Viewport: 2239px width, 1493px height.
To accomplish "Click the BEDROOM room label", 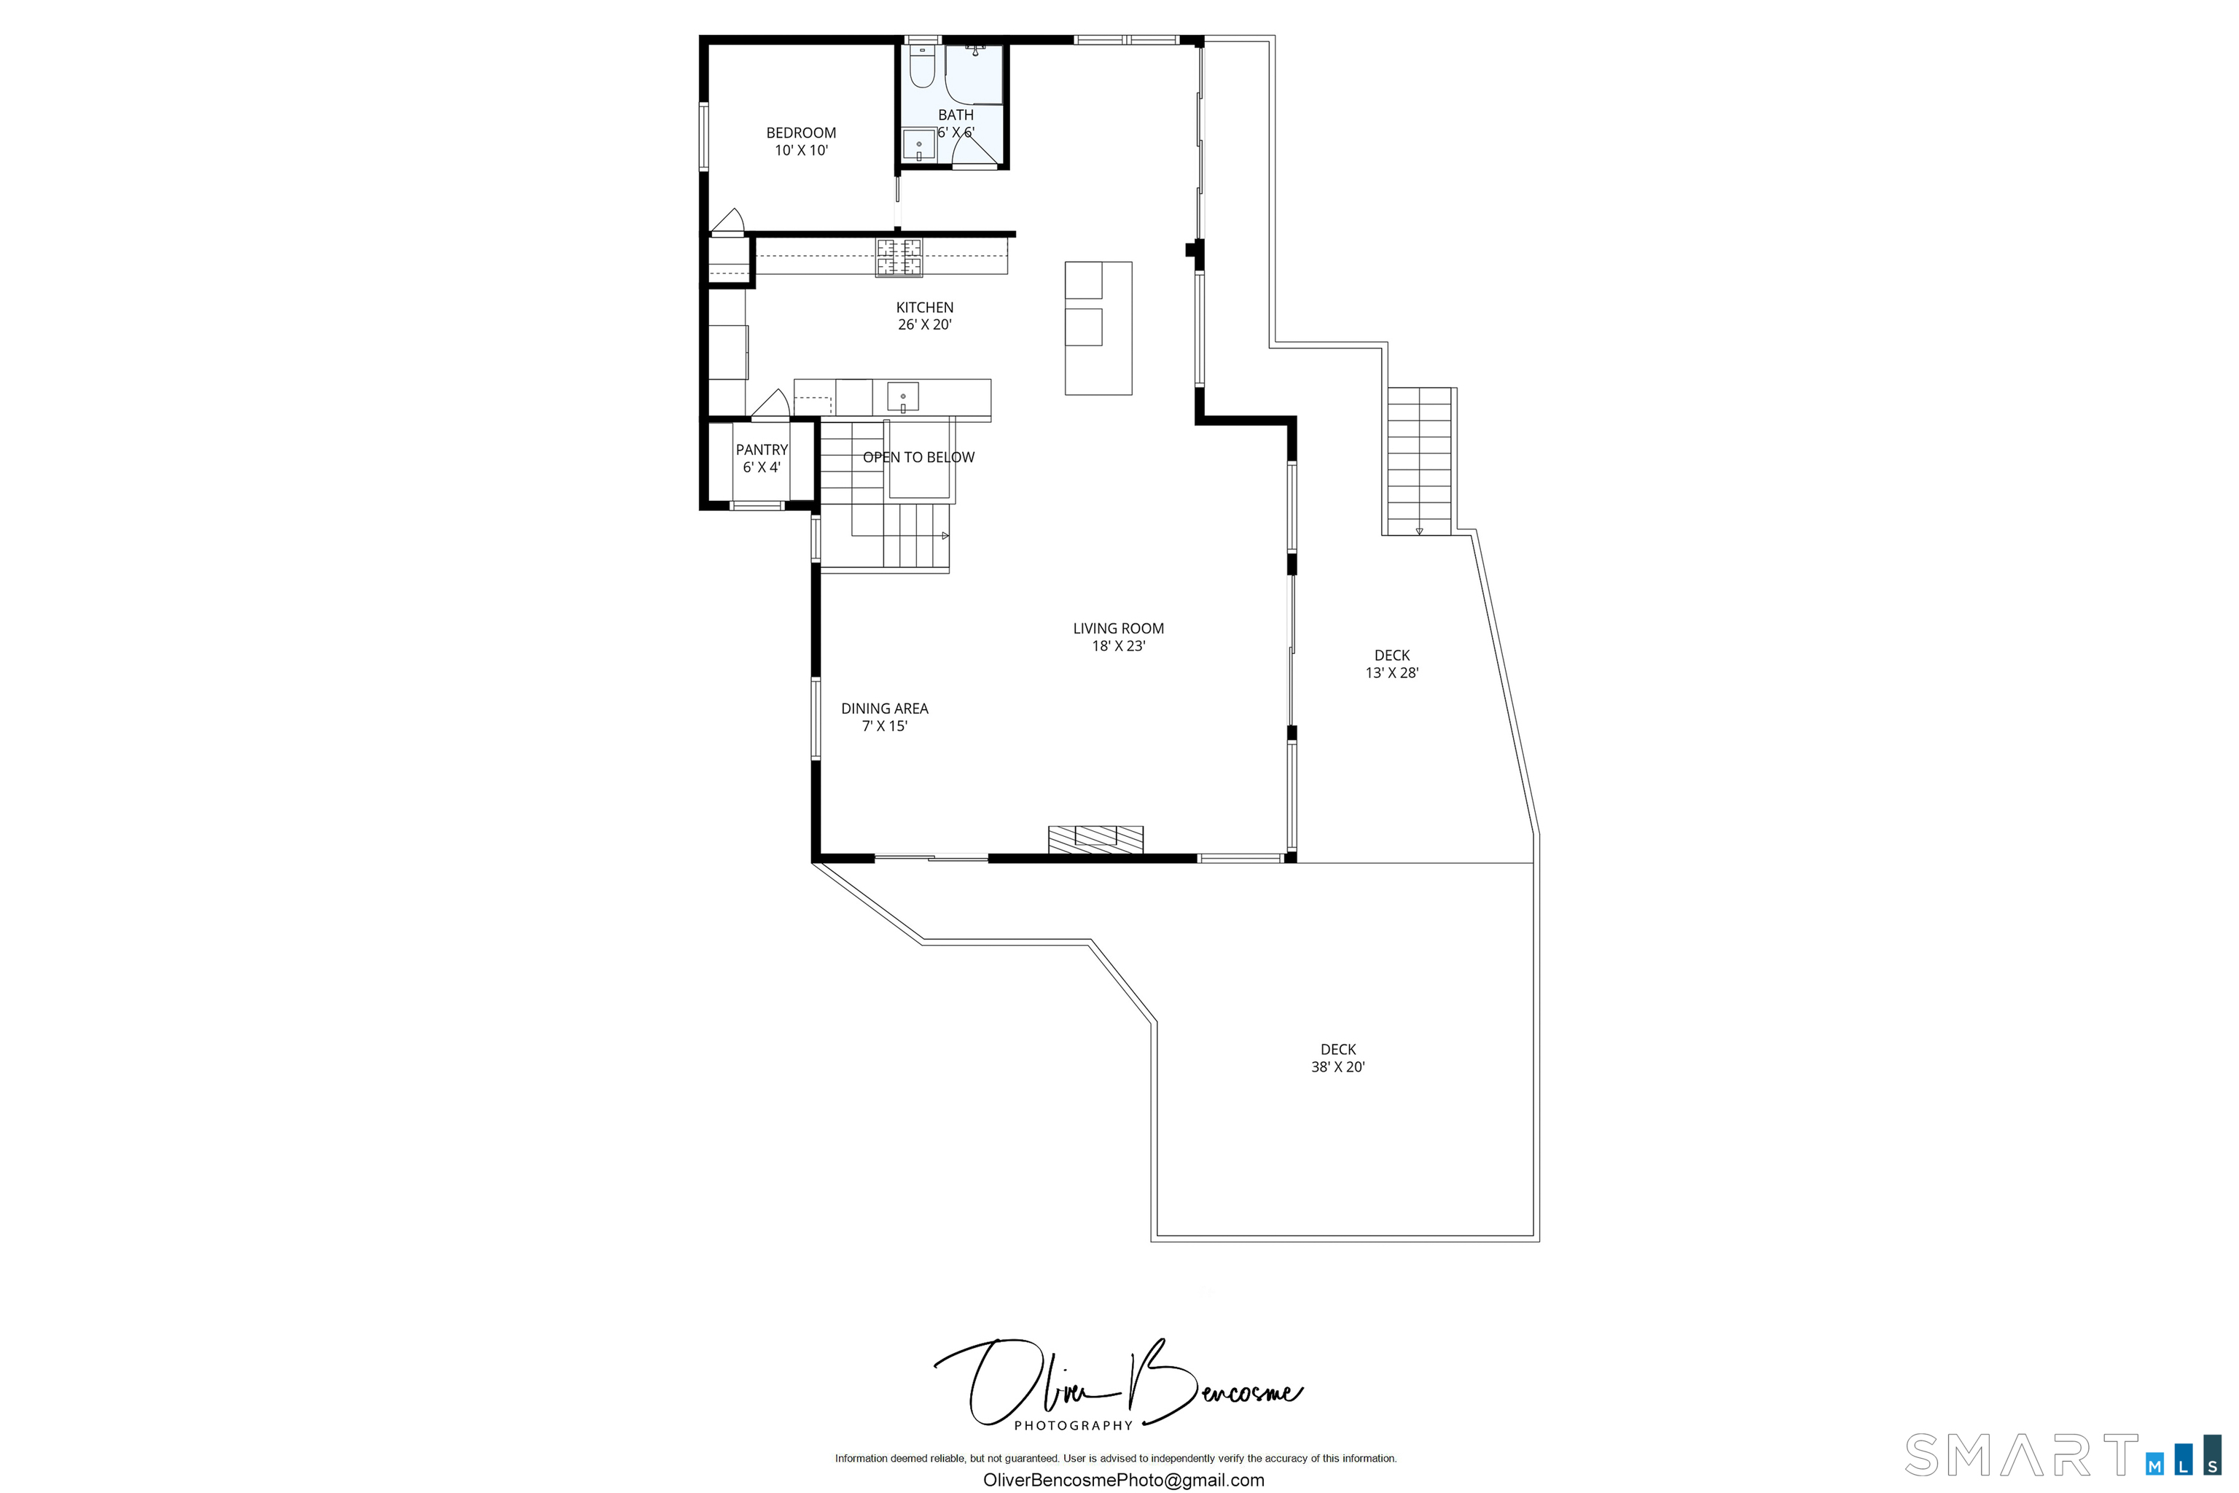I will tap(800, 133).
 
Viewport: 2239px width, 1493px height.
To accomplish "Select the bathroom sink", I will tap(918, 146).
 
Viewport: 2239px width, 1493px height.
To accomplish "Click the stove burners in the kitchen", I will tap(899, 257).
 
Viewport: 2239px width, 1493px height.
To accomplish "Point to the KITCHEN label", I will tap(924, 308).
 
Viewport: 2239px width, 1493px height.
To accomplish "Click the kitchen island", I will tap(1098, 329).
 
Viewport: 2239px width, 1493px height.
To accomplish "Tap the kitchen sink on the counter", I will tap(902, 395).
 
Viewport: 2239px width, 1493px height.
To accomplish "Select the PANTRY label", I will tap(762, 449).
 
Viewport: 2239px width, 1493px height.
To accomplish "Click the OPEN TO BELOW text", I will tap(918, 457).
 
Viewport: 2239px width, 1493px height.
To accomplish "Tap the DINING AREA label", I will tap(884, 709).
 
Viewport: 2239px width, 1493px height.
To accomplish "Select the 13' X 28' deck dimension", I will tap(1392, 673).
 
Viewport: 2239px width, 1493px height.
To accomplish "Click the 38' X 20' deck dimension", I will tap(1337, 1067).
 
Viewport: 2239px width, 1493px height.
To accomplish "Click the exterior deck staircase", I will tap(1418, 461).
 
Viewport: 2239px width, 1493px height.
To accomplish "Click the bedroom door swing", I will tap(728, 222).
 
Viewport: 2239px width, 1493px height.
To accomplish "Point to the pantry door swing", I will tap(771, 404).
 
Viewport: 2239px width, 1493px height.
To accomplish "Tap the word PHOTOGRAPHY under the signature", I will tap(1073, 1425).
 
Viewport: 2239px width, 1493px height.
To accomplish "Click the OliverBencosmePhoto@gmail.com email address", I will tap(1123, 1480).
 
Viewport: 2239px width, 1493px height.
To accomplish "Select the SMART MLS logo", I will tap(2061, 1455).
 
